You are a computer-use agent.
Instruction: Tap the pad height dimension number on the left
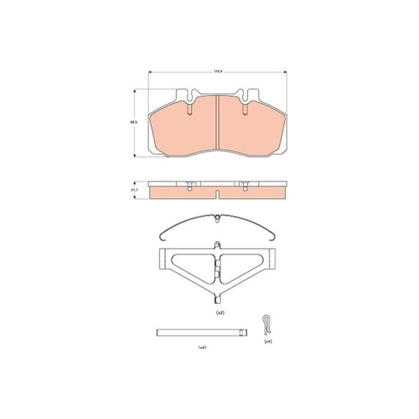[135, 122]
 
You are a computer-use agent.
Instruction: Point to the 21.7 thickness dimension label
[135, 190]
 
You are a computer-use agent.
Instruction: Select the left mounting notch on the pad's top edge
[189, 95]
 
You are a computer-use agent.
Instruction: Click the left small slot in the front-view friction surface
[189, 110]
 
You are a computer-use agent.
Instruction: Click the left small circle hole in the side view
[189, 190]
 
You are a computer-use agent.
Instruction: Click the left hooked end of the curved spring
[163, 234]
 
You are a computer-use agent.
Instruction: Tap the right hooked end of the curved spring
[273, 234]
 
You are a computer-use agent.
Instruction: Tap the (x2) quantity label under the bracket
[219, 313]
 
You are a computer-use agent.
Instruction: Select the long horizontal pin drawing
[201, 332]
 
